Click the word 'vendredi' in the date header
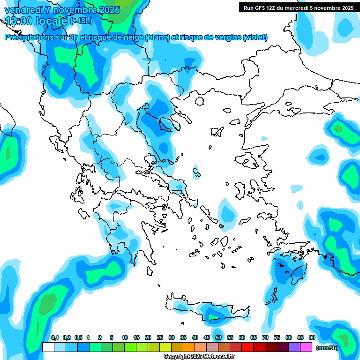click(22, 10)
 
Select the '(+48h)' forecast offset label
click(81, 21)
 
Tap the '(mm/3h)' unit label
click(327, 347)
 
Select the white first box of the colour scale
click(48, 347)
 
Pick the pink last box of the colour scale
click(306, 347)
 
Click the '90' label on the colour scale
click(312, 338)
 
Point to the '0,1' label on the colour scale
click(54, 338)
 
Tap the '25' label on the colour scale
click(160, 338)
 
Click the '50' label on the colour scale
click(218, 338)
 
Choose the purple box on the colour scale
click(294, 347)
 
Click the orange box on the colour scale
click(189, 347)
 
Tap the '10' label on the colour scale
click(125, 338)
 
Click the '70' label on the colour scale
click(265, 338)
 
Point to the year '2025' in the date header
click(108, 10)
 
